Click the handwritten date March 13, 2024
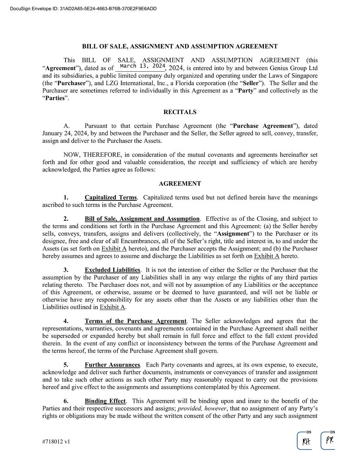click(143, 66)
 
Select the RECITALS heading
click(180, 112)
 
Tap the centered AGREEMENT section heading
click(180, 184)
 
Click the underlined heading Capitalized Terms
click(111, 198)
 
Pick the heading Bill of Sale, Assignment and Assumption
click(142, 219)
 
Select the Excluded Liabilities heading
click(112, 270)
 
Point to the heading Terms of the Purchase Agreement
click(136, 321)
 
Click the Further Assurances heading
click(112, 365)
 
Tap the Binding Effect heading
click(105, 401)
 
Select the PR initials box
click(329, 440)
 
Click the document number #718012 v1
click(56, 441)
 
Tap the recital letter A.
click(67, 126)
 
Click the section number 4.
click(66, 321)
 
